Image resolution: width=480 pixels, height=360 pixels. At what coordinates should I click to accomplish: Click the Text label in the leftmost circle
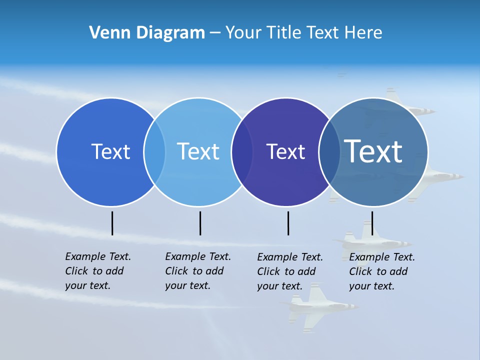click(x=110, y=151)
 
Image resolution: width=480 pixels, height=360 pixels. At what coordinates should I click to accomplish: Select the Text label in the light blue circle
click(x=198, y=151)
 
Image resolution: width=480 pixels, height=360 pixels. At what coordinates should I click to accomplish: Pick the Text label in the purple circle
click(x=285, y=151)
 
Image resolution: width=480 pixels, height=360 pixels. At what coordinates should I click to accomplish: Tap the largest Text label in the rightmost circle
click(x=373, y=151)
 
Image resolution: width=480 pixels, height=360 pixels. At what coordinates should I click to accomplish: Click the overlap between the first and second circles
click(x=154, y=152)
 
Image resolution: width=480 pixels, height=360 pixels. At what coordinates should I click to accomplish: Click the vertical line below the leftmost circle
click(x=112, y=223)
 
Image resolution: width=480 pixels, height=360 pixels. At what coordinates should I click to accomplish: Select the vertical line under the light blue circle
click(x=200, y=223)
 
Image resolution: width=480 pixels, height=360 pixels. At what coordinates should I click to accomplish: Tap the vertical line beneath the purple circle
click(x=288, y=223)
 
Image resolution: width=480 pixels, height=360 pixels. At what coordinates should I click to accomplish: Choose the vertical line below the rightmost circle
click(x=372, y=223)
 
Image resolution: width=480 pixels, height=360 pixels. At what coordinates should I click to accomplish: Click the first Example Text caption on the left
click(x=97, y=271)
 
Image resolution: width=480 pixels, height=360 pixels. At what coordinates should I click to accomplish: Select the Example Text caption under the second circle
click(x=197, y=271)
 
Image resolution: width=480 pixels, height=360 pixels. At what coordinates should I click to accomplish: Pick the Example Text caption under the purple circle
click(x=289, y=271)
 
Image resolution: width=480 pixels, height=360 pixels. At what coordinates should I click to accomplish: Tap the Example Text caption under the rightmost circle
click(x=381, y=271)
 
